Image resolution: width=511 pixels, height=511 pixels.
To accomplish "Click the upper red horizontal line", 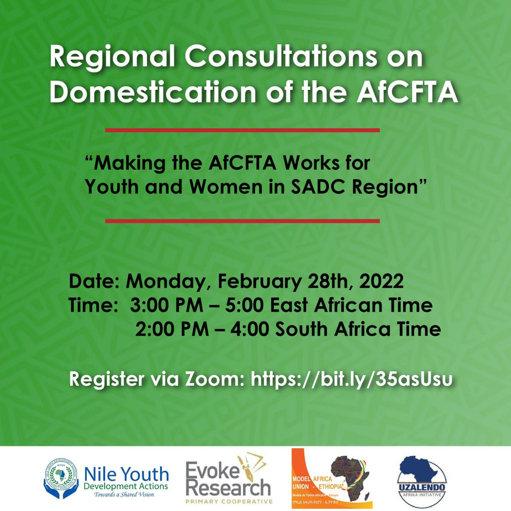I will pos(242,130).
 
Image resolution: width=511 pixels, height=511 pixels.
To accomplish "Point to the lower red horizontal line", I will pos(242,221).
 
